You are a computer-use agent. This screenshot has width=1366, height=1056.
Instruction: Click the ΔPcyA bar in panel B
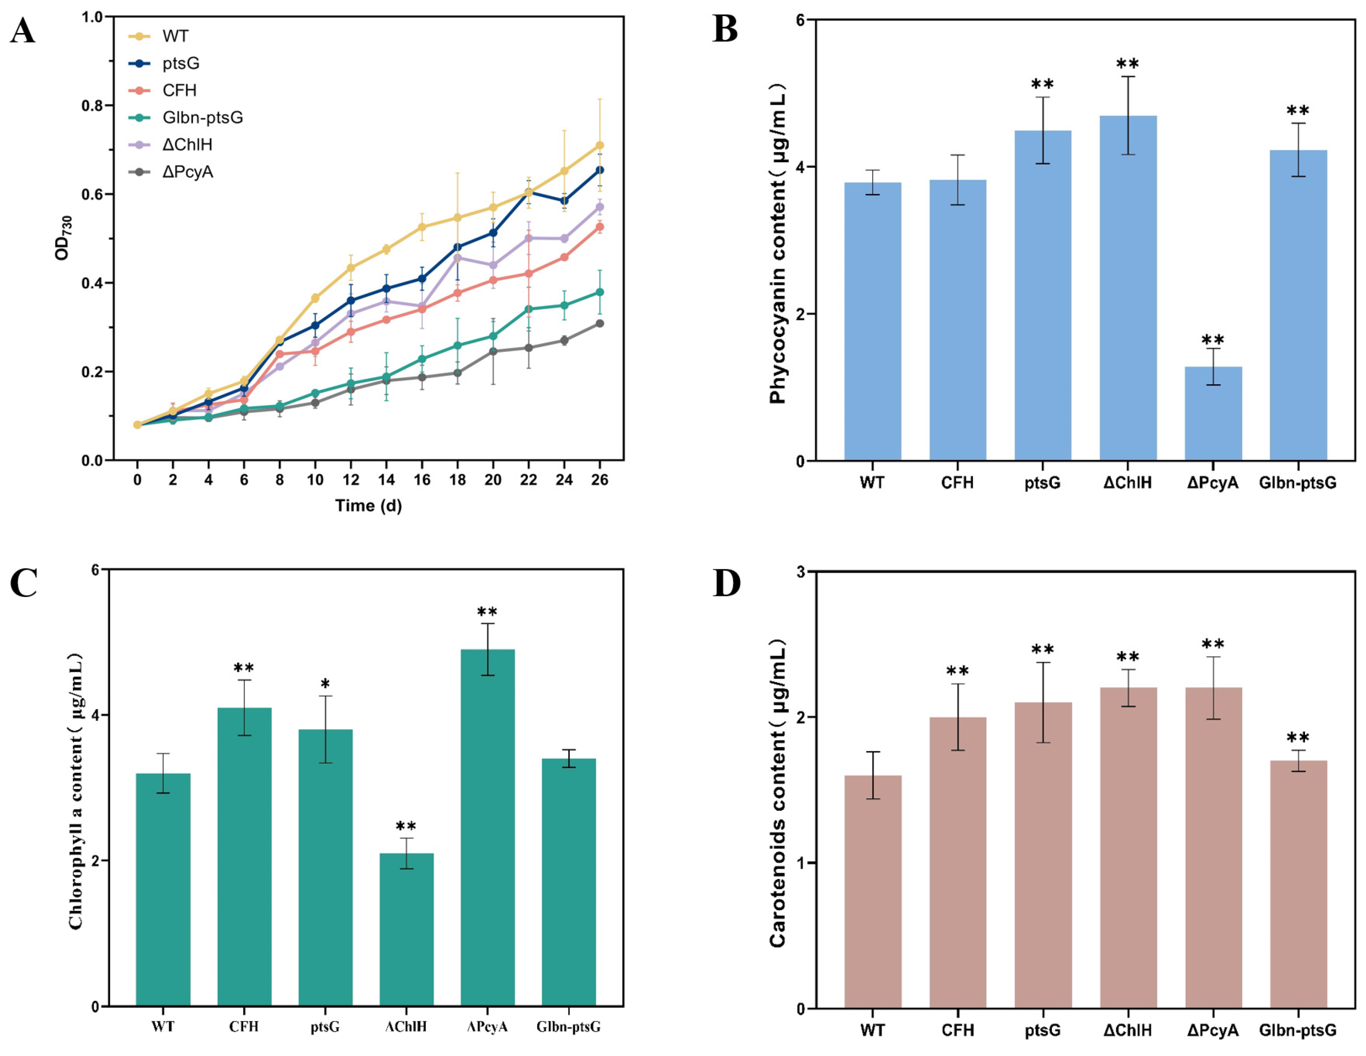pos(1213,414)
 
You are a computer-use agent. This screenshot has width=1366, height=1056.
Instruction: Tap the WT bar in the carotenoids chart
pos(872,892)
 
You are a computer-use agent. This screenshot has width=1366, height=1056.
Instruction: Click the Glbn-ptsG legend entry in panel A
pos(202,118)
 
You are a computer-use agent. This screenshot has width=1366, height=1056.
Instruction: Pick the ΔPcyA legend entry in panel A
pos(187,172)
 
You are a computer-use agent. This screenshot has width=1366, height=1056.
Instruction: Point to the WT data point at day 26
pos(599,146)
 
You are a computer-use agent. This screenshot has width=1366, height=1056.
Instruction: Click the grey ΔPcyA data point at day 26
pos(599,324)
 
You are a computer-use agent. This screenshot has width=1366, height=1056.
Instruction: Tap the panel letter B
pos(725,30)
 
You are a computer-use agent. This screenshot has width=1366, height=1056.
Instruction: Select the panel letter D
pos(726,583)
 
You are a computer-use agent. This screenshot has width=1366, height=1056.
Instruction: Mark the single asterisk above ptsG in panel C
pos(325,684)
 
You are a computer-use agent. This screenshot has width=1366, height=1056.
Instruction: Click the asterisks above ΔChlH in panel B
pos(1128,64)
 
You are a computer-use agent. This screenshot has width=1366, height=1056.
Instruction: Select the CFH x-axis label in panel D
pos(957,1030)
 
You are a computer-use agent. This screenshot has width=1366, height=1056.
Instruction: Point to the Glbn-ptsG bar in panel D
pos(1298,884)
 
